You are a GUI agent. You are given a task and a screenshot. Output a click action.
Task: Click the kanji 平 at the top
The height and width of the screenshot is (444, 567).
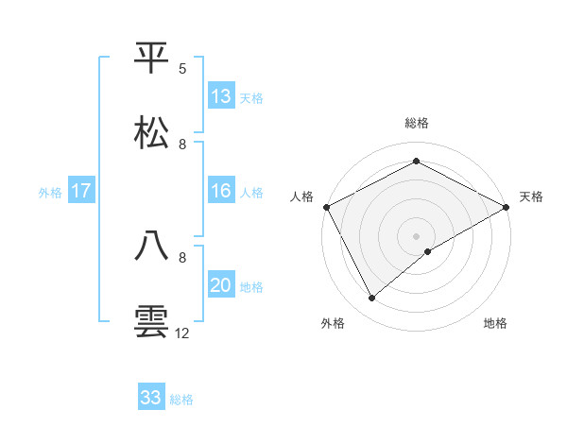(x=152, y=58)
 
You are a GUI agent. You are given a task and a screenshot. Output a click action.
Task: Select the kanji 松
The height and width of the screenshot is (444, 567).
(x=152, y=133)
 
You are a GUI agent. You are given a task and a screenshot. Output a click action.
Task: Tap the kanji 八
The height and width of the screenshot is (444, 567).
(x=152, y=247)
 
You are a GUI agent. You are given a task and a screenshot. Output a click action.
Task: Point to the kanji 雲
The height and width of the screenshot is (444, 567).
(x=152, y=321)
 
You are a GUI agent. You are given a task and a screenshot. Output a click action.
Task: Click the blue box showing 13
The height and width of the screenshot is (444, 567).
(x=221, y=96)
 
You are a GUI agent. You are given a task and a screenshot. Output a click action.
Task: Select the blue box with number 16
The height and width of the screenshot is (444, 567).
(x=221, y=191)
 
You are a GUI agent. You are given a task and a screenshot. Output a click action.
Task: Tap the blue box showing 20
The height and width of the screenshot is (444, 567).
(x=221, y=285)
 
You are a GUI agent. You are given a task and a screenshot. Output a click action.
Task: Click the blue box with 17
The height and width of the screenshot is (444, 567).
(x=81, y=191)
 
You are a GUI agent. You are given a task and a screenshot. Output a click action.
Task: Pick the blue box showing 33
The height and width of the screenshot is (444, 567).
(x=151, y=398)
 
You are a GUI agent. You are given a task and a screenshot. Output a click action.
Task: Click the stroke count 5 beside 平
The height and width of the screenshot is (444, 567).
(x=182, y=69)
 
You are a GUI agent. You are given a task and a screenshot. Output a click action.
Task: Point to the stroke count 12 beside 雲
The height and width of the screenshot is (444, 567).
(x=182, y=333)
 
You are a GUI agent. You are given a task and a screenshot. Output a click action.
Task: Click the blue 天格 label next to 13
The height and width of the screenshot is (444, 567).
(x=250, y=97)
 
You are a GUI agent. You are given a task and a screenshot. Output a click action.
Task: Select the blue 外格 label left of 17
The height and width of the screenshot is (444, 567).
(x=50, y=192)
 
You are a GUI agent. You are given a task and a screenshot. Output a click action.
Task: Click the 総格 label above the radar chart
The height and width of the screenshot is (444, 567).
(x=417, y=123)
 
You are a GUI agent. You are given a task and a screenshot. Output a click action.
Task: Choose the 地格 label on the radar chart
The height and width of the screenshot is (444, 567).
(x=495, y=324)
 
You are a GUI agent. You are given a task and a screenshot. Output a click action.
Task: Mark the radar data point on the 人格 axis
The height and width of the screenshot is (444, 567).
(x=326, y=207)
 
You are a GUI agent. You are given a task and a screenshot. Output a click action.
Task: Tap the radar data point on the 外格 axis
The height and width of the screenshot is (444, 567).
(x=372, y=299)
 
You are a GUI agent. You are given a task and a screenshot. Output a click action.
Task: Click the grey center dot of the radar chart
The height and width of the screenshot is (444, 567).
(x=417, y=236)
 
